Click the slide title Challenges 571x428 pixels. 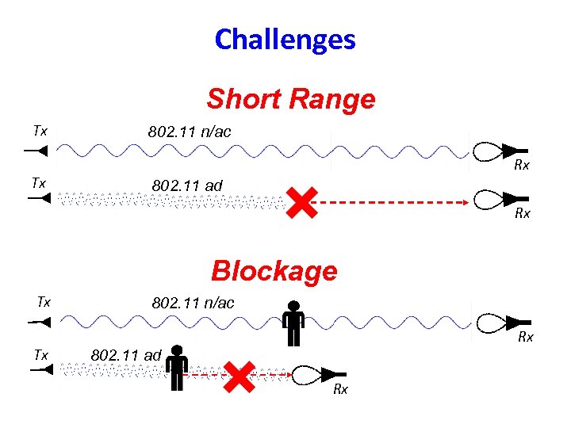click(285, 39)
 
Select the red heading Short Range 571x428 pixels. click(290, 99)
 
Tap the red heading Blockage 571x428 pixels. click(274, 271)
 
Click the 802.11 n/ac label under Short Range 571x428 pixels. click(190, 132)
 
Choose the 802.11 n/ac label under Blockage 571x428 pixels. click(193, 303)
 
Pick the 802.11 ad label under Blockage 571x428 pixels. click(127, 354)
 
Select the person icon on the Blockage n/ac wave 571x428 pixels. click(293, 323)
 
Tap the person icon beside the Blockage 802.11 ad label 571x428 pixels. click(176, 368)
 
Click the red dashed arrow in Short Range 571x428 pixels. click(389, 204)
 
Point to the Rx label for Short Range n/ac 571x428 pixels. click(521, 166)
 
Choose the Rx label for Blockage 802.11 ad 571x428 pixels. click(340, 389)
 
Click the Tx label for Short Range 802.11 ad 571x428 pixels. click(38, 183)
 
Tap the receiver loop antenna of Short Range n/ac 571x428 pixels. click(492, 148)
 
